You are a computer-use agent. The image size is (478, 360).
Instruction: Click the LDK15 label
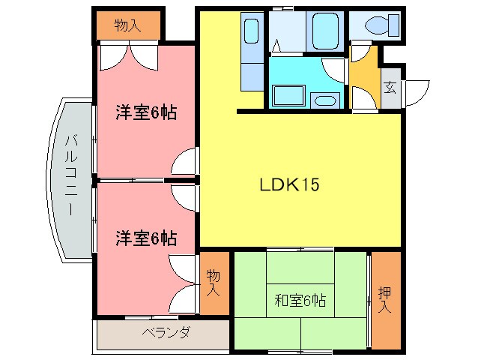[289, 184]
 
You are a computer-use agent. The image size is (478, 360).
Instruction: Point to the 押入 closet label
[385, 299]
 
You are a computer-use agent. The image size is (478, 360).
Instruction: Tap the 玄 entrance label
[390, 85]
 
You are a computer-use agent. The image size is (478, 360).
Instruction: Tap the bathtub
[326, 29]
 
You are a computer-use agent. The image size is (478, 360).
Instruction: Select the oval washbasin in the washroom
[324, 100]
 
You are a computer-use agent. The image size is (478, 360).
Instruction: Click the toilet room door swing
[360, 52]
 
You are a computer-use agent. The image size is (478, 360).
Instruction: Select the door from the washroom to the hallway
[335, 71]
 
